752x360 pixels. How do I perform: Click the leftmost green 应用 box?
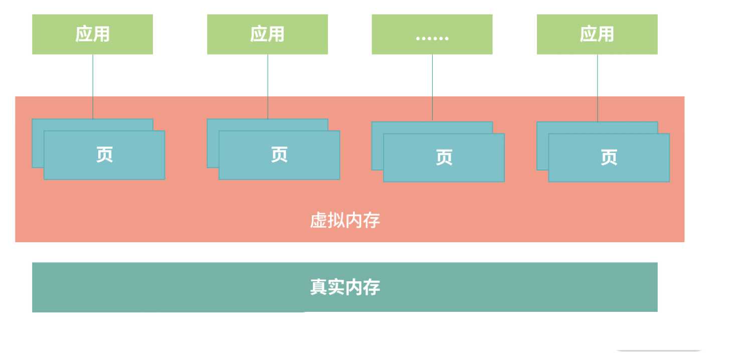tap(92, 34)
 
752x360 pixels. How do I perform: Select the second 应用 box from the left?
tap(267, 34)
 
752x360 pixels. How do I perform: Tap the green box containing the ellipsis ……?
tap(432, 34)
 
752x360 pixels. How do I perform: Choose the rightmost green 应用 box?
tap(597, 34)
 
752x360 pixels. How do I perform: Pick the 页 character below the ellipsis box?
tap(444, 157)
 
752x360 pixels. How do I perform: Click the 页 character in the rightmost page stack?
tap(609, 157)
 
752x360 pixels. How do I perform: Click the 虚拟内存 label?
tap(345, 221)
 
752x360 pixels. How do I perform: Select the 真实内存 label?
tap(345, 287)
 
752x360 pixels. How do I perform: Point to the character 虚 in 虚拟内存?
tap(319, 221)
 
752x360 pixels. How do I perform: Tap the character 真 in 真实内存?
tap(319, 287)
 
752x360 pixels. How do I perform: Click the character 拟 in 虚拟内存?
tap(336, 221)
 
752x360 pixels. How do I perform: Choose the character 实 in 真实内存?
tap(336, 287)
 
